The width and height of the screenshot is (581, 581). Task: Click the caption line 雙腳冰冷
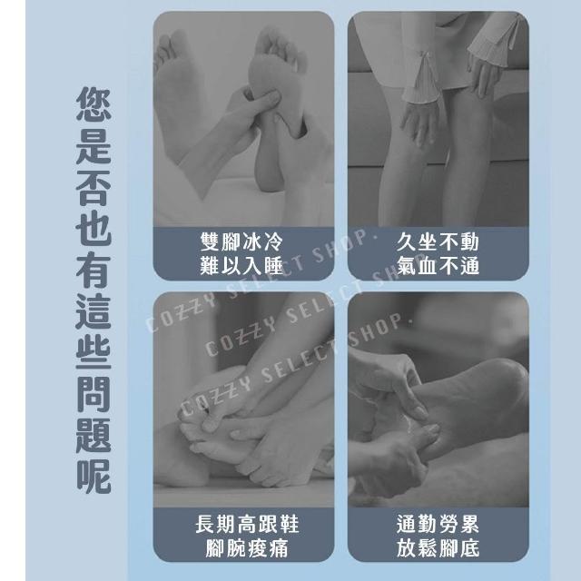tap(241, 241)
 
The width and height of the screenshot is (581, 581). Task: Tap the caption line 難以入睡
tap(241, 266)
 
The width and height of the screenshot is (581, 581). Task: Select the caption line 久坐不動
tap(438, 241)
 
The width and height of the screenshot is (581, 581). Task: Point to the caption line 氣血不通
tap(438, 266)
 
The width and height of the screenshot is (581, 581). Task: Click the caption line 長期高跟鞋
tap(247, 524)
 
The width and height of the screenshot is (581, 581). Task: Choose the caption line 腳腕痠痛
tap(247, 548)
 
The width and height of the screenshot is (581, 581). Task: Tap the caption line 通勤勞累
tap(438, 524)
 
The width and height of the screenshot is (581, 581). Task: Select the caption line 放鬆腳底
tap(438, 548)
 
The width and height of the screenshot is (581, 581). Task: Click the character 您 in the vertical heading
tap(94, 104)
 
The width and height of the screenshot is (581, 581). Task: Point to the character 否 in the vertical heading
tap(94, 188)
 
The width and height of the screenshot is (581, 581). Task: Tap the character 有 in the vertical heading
tap(94, 271)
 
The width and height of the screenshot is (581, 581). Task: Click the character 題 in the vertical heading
tap(94, 436)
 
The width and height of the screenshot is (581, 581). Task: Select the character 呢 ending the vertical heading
tap(94, 477)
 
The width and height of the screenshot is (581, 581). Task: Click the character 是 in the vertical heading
tap(94, 147)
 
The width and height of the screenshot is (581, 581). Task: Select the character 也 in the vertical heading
tap(94, 230)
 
